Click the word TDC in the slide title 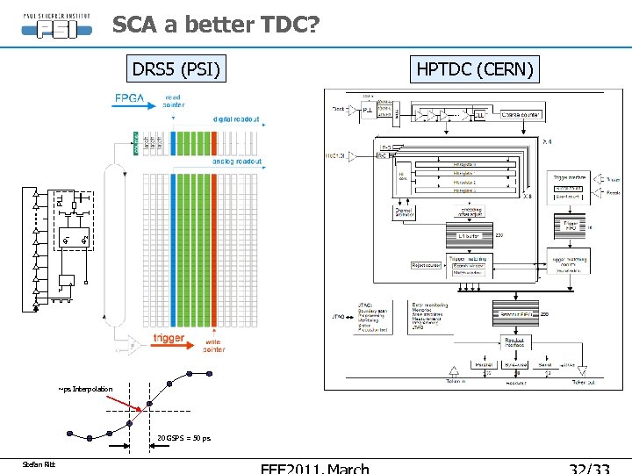coord(277,26)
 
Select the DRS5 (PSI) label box coord(176,68)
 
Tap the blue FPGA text coord(131,98)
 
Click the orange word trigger coord(169,338)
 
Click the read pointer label coord(173,101)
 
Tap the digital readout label coord(236,119)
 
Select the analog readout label coord(236,162)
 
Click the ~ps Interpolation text coord(85,389)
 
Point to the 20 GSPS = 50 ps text coord(183,438)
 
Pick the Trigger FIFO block coord(572,226)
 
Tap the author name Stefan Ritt coord(39,464)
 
